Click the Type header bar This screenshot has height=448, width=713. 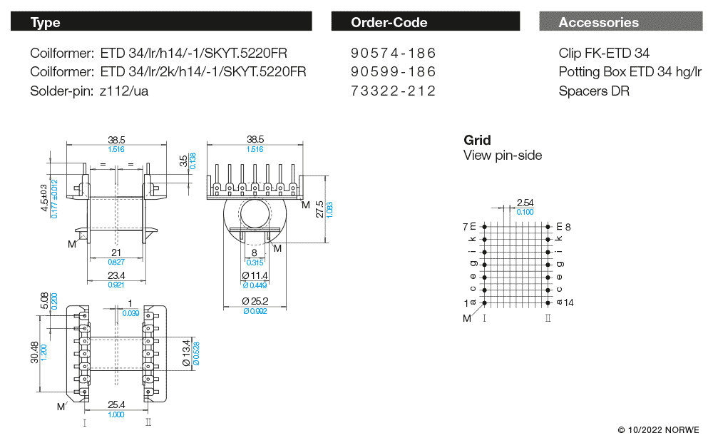tap(160, 22)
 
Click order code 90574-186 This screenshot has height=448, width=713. tap(393, 54)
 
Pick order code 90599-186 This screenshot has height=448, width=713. tap(393, 72)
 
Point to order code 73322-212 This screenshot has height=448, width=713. tap(393, 91)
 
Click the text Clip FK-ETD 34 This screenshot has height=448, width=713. tap(604, 54)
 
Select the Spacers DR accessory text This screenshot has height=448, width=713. tap(594, 91)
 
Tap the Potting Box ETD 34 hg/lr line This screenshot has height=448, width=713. tap(630, 72)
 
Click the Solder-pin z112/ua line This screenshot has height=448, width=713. tap(89, 91)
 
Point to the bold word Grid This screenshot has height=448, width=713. tap(477, 140)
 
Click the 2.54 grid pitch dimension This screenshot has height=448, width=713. tap(525, 203)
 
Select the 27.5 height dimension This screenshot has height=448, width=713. tap(319, 207)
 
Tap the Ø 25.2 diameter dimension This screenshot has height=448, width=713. tap(255, 302)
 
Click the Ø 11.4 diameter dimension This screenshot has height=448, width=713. tap(255, 275)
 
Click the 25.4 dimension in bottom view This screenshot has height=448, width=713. tap(115, 404)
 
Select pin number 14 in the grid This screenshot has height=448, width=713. tap(568, 302)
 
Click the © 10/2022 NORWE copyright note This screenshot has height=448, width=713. tap(658, 430)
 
